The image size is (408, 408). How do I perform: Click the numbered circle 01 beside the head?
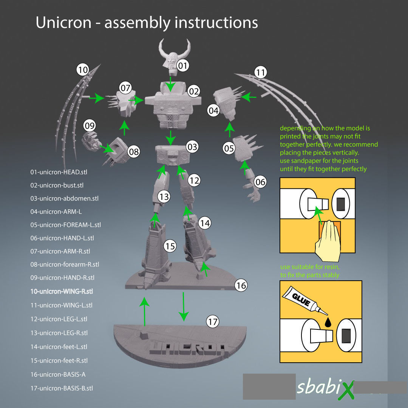[x=183, y=66]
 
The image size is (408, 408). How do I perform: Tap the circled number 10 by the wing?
[x=82, y=70]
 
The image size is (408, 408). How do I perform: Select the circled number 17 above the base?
[x=213, y=322]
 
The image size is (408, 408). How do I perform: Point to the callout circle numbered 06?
[x=260, y=182]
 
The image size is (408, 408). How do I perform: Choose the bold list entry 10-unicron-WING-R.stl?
[x=62, y=292]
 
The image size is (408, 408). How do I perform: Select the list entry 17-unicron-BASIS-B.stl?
[x=62, y=388]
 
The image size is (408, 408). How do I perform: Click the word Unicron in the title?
[x=63, y=23]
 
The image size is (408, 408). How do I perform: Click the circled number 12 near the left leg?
[x=194, y=181]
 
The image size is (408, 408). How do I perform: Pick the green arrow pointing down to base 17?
[x=184, y=306]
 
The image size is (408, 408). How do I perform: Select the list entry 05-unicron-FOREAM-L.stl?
[x=65, y=225]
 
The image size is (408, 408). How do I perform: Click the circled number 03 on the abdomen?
[x=192, y=147]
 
